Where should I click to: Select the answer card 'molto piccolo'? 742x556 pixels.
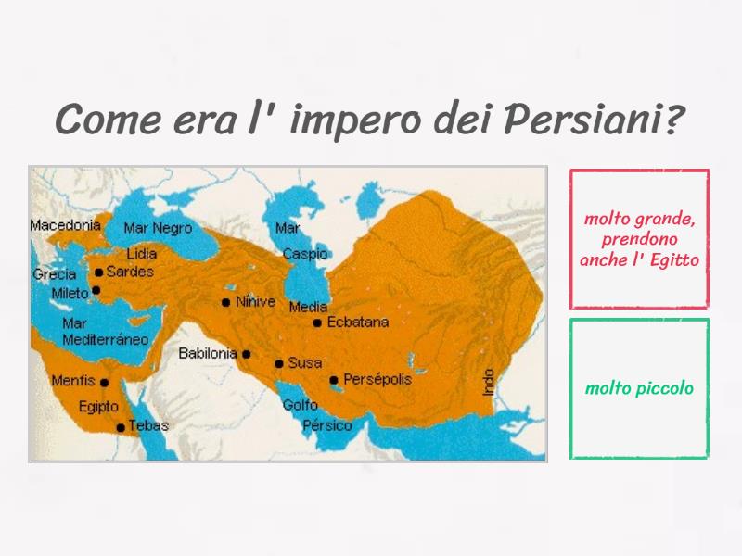639,388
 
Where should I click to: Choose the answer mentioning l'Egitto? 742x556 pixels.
639,239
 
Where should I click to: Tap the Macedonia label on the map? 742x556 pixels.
65,225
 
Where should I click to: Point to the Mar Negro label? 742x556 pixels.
158,228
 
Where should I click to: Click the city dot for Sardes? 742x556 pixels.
99,272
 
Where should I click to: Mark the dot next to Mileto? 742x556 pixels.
96,290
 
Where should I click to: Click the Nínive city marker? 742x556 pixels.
225,302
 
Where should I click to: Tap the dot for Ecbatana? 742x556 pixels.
317,323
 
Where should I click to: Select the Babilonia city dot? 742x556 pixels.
247,354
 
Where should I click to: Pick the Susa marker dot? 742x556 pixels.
279,363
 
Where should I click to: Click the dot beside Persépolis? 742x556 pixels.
334,380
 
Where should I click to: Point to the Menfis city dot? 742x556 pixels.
105,383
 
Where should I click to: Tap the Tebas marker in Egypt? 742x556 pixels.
121,427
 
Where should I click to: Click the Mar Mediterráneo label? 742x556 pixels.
105,332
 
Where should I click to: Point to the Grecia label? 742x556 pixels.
54,274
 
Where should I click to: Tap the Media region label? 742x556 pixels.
308,308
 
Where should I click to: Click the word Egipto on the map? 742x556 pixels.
98,406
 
